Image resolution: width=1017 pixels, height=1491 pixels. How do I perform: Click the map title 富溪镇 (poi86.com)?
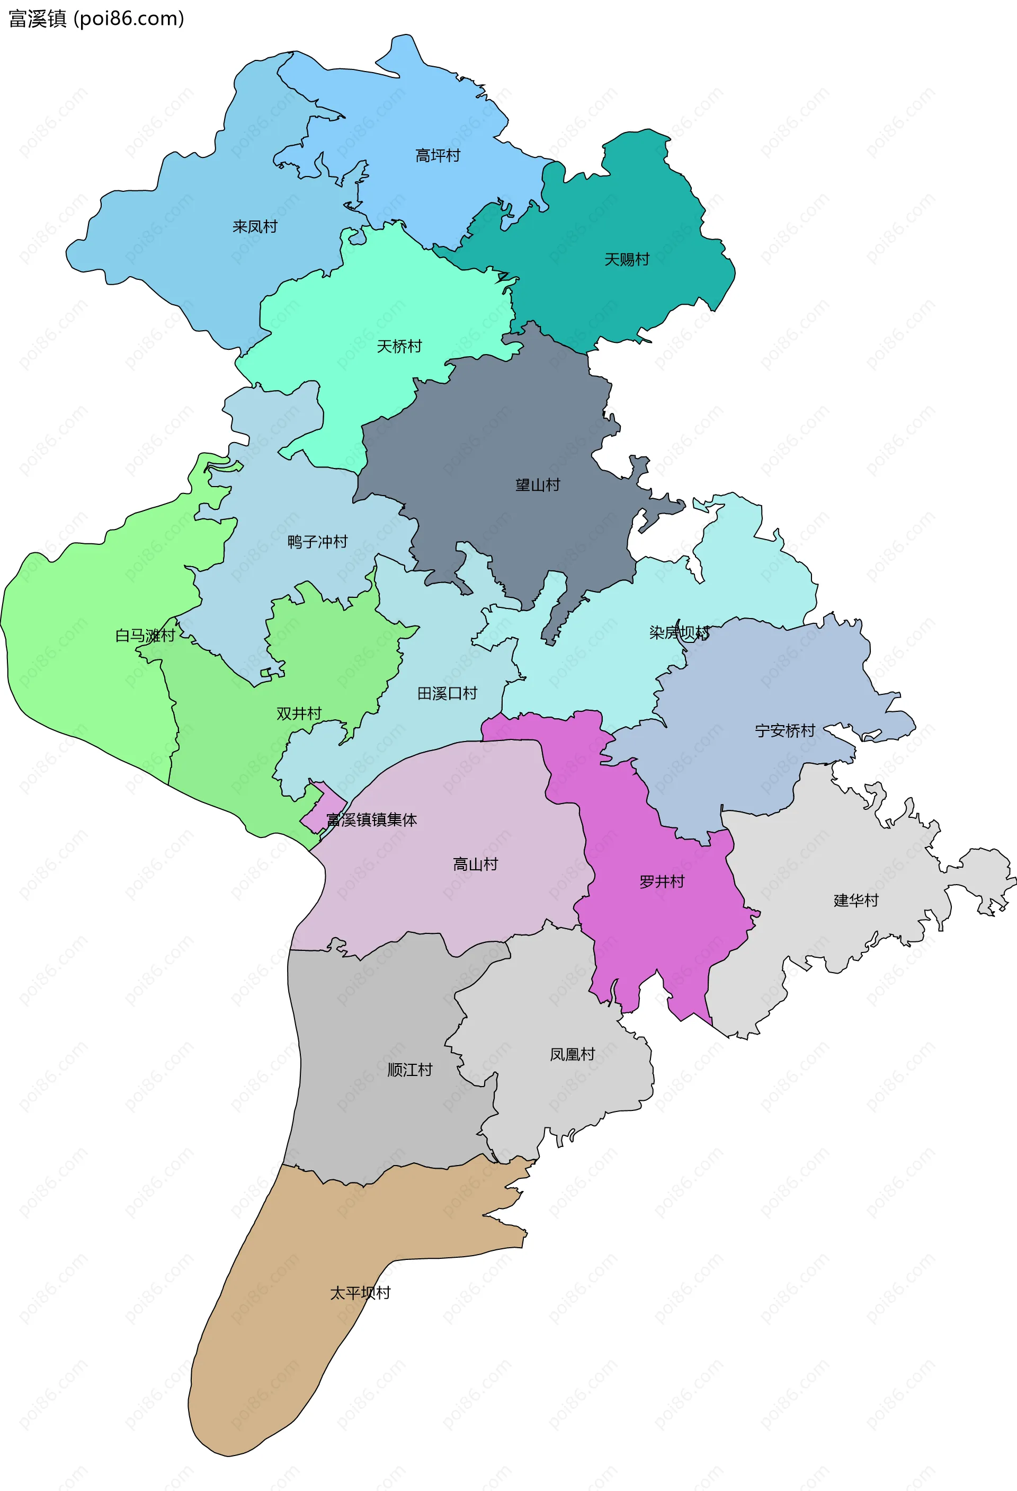pos(96,19)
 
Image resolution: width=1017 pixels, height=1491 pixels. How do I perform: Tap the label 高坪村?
pos(438,156)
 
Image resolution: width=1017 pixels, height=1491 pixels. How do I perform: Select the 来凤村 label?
pos(255,226)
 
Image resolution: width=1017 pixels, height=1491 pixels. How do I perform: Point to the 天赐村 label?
pos(627,259)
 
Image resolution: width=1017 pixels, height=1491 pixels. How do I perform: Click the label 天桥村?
pos(399,347)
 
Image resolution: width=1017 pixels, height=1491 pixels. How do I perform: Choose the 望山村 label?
pos(537,485)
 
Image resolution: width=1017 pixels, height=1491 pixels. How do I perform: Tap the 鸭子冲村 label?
pos(317,542)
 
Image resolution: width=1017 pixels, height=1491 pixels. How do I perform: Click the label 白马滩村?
pos(145,636)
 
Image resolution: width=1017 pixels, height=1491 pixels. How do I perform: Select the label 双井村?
pos(299,713)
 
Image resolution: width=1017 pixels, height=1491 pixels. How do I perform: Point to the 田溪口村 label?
pos(447,693)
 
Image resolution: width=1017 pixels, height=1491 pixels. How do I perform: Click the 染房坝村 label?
pos(679,633)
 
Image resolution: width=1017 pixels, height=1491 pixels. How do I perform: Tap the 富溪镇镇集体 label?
pos(371,820)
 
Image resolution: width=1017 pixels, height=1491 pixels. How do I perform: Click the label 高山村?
pos(475,864)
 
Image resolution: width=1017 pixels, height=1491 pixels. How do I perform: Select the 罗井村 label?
pos(662,881)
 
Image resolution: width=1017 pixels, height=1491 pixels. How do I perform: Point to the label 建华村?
pos(855,900)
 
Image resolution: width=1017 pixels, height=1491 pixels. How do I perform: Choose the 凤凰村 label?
pos(572,1054)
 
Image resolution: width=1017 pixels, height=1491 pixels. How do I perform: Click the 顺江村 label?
pos(410,1070)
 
